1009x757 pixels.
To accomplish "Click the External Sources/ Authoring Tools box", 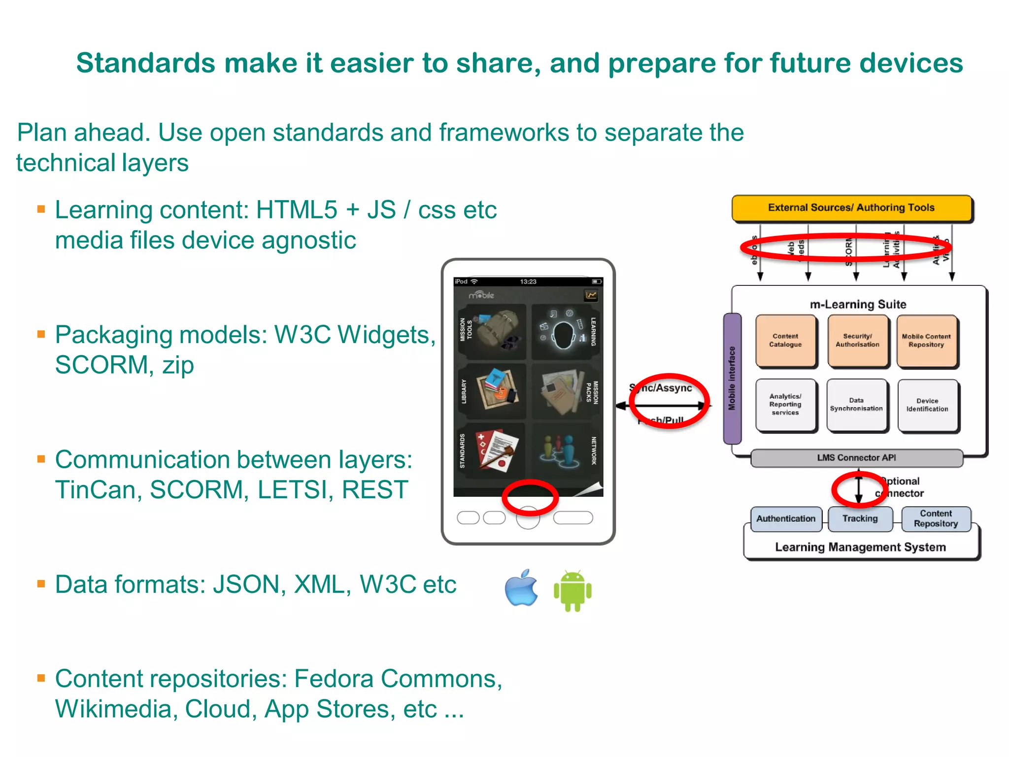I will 851,208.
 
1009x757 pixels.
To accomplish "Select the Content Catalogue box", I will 785,341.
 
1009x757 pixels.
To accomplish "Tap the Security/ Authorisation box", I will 857,341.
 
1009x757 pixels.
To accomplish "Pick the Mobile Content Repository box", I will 926,341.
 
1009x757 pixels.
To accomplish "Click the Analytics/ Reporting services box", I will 785,405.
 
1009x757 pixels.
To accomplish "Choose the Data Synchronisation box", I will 856,405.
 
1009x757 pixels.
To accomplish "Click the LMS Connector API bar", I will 856,458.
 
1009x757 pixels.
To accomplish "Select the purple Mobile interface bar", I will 732,378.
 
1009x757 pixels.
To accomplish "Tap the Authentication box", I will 786,518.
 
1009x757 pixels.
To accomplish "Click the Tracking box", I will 860,518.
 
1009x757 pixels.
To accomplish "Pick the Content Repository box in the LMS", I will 936,518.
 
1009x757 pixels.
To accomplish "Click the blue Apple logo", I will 521,588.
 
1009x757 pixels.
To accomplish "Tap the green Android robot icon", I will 572,590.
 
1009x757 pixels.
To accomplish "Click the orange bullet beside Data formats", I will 41,584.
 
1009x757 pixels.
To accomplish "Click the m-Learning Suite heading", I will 858,304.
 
